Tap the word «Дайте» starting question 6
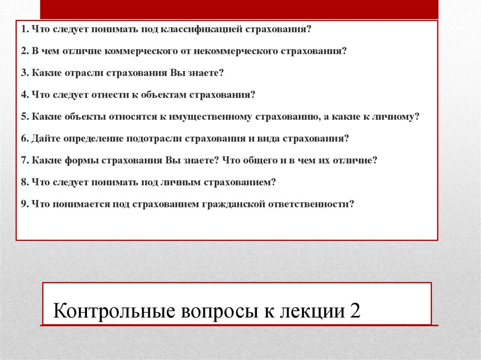pyautogui.click(x=45, y=139)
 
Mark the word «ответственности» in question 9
pyautogui.click(x=310, y=204)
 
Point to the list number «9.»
pyautogui.click(x=25, y=204)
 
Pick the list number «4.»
pyautogui.click(x=25, y=95)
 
